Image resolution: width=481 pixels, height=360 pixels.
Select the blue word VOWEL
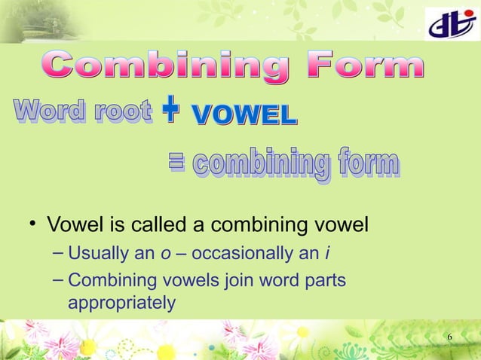tap(244, 115)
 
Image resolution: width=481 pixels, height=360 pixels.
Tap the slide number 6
tap(449, 336)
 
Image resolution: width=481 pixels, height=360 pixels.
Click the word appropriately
tap(121, 303)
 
